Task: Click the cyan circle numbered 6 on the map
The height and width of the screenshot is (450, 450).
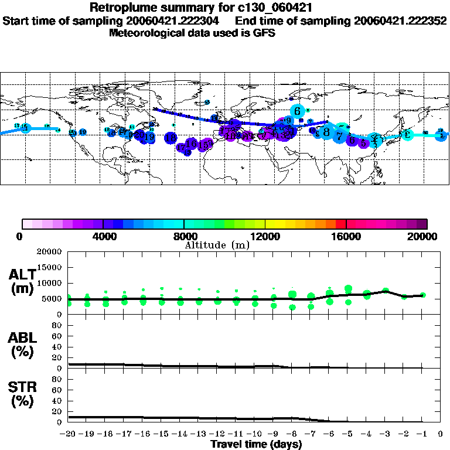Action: (x=298, y=111)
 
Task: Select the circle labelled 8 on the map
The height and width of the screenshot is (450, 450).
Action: (x=326, y=132)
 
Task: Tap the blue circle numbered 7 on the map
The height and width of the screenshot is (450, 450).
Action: (x=340, y=136)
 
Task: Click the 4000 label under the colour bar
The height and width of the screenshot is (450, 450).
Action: (x=103, y=237)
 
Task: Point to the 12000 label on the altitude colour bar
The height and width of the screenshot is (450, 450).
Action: (x=265, y=237)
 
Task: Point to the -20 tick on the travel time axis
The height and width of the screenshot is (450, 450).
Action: (x=69, y=434)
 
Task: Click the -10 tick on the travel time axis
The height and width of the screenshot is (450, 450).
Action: (x=254, y=434)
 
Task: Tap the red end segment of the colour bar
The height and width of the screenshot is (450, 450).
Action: (x=342, y=224)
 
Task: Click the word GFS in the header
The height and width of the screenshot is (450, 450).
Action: (x=265, y=33)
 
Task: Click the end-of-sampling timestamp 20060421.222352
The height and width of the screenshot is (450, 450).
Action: (x=400, y=21)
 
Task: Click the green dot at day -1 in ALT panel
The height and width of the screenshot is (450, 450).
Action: (x=423, y=295)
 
